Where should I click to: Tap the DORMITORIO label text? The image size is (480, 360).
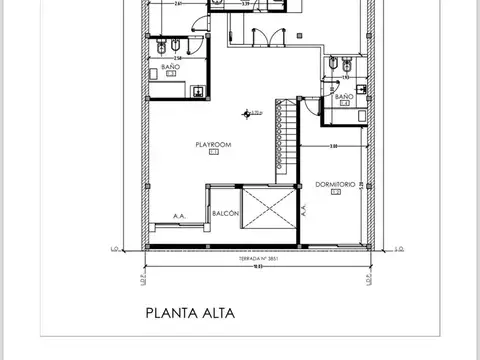[x=334, y=184]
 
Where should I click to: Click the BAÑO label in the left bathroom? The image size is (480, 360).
[x=171, y=67]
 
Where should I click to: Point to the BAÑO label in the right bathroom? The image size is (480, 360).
[x=343, y=96]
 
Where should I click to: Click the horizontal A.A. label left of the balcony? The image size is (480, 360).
[x=180, y=215]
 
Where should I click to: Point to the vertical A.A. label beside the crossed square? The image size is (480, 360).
[x=299, y=212]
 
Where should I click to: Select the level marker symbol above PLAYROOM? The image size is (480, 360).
[x=247, y=112]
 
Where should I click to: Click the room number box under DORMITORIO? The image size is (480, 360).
[x=334, y=192]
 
